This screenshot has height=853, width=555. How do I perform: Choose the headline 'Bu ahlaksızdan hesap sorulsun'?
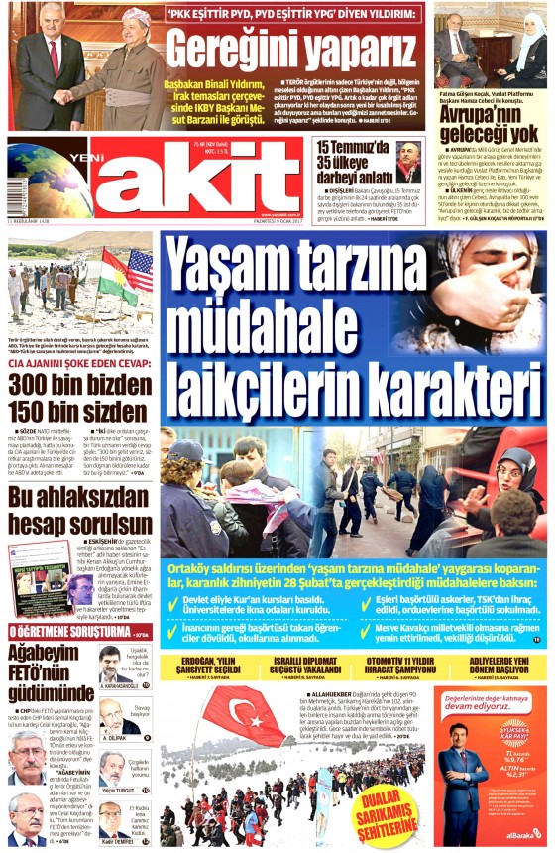click(x=73, y=505)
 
